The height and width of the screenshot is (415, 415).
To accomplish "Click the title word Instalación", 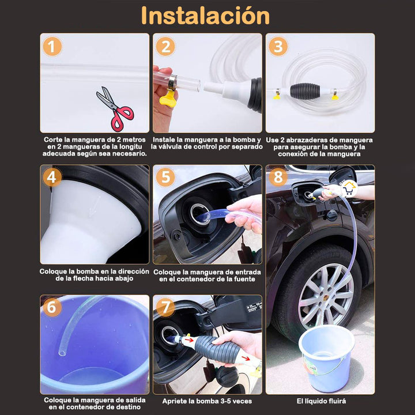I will pyautogui.click(x=205, y=16).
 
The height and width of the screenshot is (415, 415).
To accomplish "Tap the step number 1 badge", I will pyautogui.click(x=52, y=47).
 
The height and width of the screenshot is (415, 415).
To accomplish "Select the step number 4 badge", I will pyautogui.click(x=52, y=178).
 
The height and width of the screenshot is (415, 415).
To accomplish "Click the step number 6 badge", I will pyautogui.click(x=52, y=308).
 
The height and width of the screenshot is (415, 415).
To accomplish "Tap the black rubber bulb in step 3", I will pyautogui.click(x=304, y=90).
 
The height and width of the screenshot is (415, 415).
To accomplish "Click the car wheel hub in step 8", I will pyautogui.click(x=326, y=288).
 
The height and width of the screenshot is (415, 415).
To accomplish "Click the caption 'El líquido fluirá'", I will pyautogui.click(x=321, y=401).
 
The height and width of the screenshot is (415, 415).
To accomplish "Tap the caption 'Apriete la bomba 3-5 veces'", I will pyautogui.click(x=207, y=401).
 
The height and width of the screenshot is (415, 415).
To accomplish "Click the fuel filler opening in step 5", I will pyautogui.click(x=200, y=214).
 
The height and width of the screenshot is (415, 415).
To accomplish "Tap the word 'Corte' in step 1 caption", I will pyautogui.click(x=54, y=139).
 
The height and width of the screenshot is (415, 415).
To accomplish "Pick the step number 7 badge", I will pyautogui.click(x=165, y=308).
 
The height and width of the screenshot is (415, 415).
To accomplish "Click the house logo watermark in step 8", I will pyautogui.click(x=348, y=188).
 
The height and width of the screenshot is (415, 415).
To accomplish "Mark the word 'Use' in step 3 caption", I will pyautogui.click(x=273, y=139).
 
